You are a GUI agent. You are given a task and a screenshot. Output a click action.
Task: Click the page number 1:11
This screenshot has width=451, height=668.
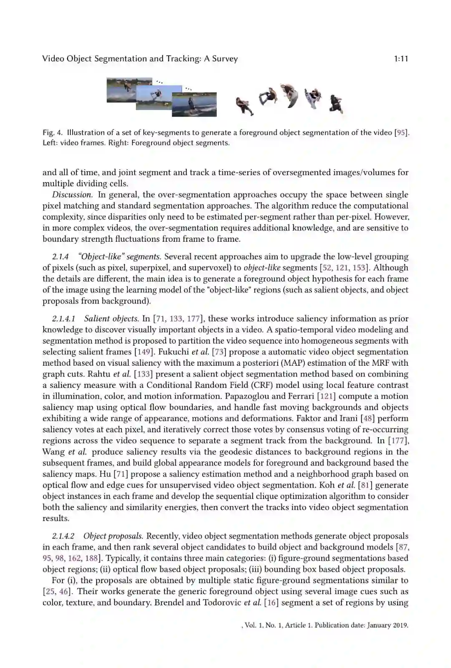click(x=400, y=59)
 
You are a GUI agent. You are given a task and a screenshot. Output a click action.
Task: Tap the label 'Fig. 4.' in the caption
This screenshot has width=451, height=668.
click(x=53, y=133)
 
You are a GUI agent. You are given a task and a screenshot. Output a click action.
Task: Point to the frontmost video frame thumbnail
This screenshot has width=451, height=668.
click(x=194, y=104)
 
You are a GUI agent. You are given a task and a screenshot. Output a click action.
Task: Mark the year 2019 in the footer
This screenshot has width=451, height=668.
click(x=399, y=625)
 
